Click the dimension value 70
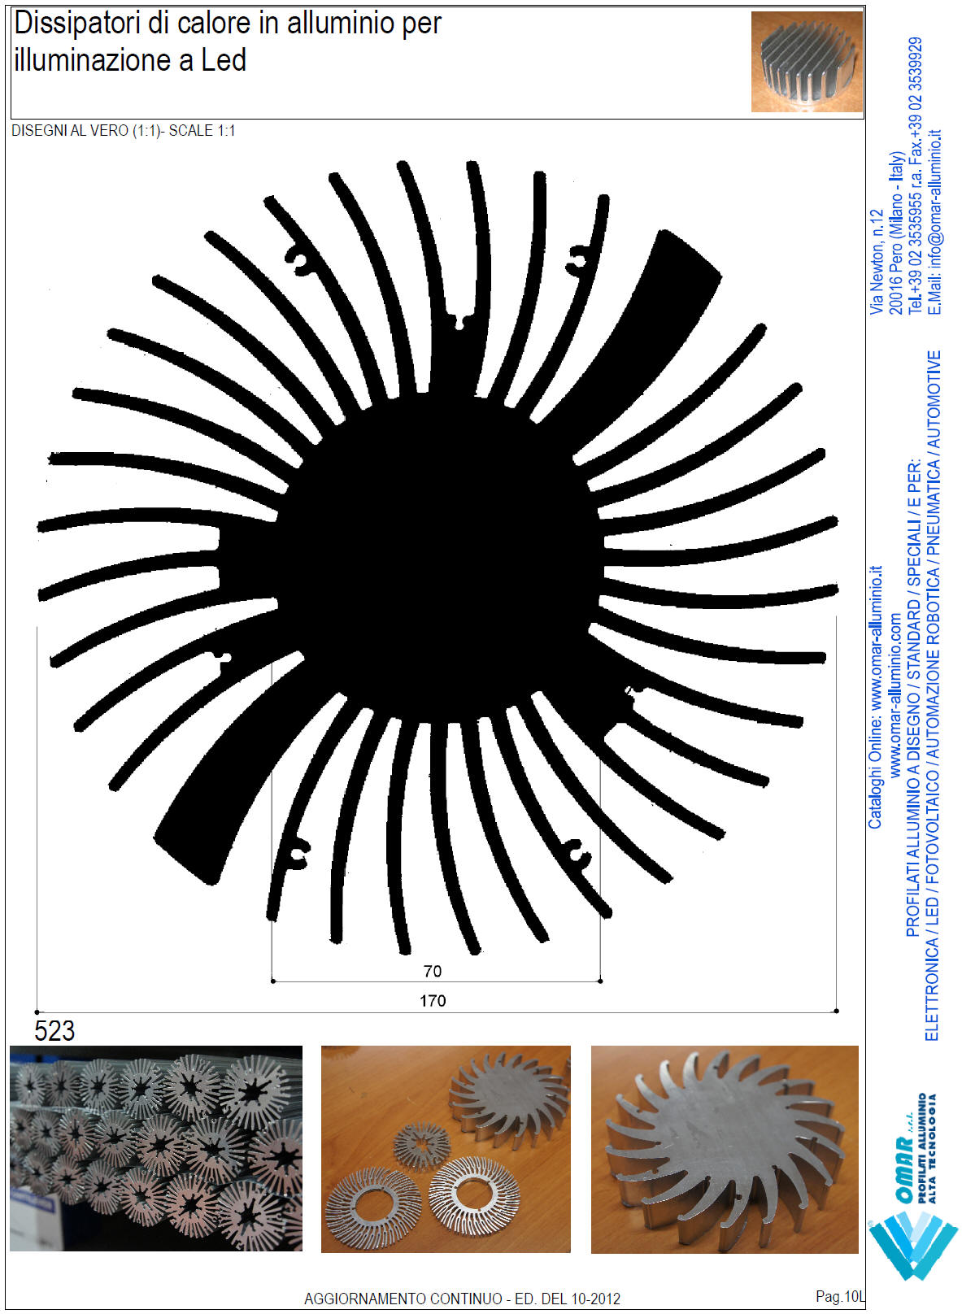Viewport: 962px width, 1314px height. click(x=433, y=971)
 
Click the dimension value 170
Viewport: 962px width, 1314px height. click(x=433, y=1000)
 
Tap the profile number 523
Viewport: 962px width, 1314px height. click(x=54, y=1031)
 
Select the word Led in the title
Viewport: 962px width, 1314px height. click(x=224, y=60)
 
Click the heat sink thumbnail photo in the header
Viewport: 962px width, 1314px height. click(x=807, y=62)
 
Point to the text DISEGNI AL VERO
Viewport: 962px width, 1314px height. click(x=70, y=131)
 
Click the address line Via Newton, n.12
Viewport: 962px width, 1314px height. click(x=877, y=262)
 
